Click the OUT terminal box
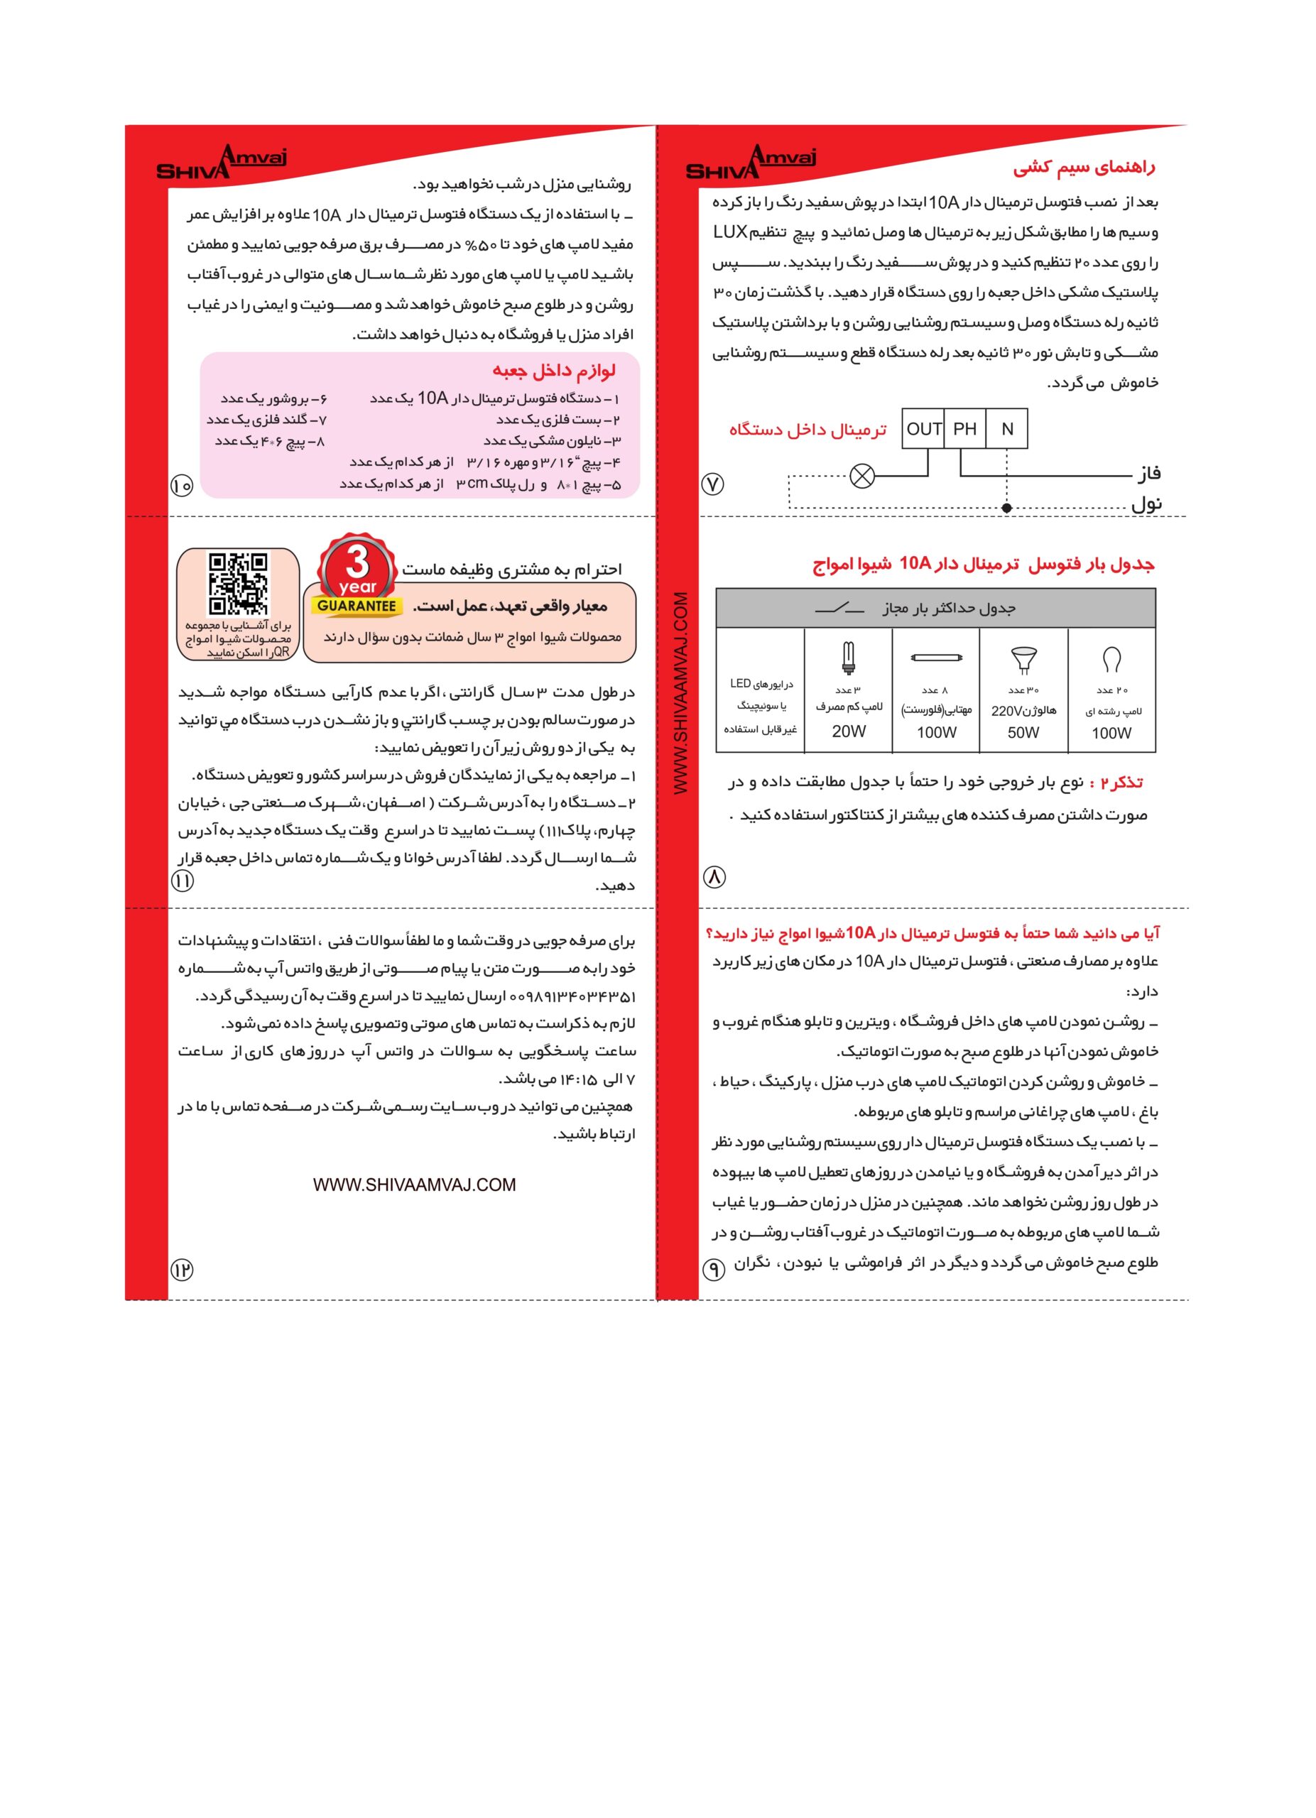click(x=923, y=429)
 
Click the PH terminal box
click(x=964, y=429)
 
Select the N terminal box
click(x=1006, y=429)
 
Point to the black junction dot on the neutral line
click(x=1006, y=507)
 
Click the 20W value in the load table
click(x=848, y=731)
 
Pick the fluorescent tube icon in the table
click(x=935, y=658)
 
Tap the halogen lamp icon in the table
click(x=1023, y=660)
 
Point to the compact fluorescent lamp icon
click(x=848, y=658)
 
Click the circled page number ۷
click(x=712, y=484)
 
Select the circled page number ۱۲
click(x=182, y=1269)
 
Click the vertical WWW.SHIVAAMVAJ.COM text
click(x=680, y=693)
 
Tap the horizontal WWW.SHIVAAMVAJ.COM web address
click(x=414, y=1185)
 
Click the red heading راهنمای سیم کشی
click(x=1084, y=168)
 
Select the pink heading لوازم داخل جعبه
click(x=554, y=370)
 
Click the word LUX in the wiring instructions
click(x=730, y=232)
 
